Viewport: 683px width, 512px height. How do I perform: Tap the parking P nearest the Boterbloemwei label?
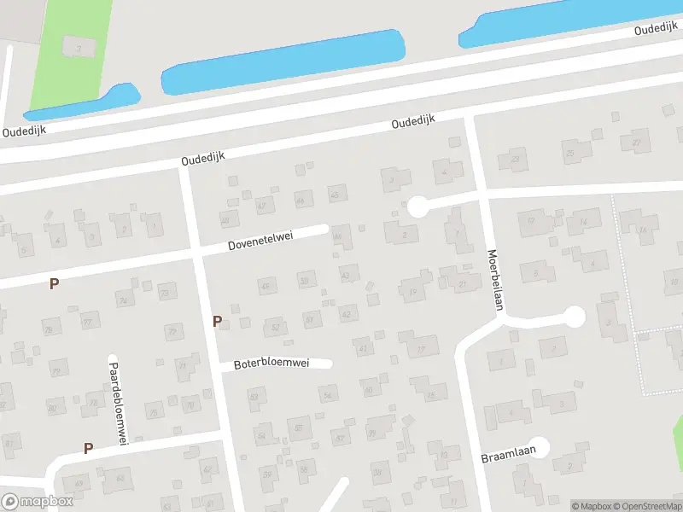coord(217,321)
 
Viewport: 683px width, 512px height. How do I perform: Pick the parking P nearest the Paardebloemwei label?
coord(88,448)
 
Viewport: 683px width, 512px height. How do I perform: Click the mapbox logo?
coord(36,502)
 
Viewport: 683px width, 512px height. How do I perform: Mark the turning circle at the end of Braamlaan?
coord(539,446)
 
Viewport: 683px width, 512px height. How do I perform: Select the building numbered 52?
coord(275,326)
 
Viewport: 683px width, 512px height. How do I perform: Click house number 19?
coord(414,291)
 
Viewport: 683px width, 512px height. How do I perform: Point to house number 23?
coord(515,160)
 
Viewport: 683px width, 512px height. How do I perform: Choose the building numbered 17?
coord(422,348)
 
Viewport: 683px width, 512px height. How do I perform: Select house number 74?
coord(124,301)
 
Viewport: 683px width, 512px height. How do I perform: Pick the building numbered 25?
coord(571,154)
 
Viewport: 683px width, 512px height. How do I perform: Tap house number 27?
coord(637,141)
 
